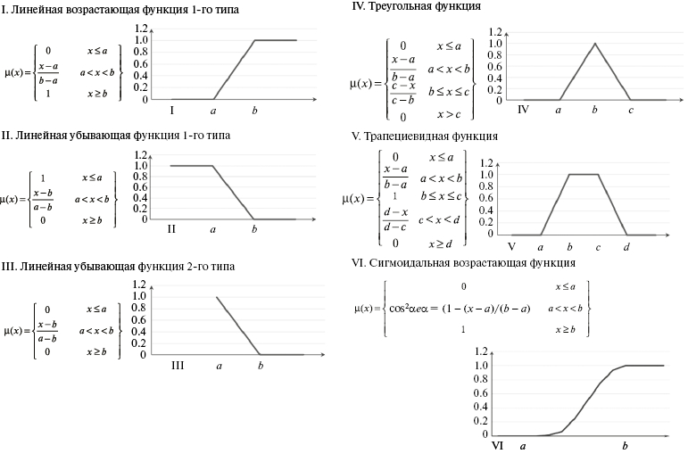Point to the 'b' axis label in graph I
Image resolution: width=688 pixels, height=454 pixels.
255,111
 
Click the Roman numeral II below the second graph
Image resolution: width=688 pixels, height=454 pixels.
171,228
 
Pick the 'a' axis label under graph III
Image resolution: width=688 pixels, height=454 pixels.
219,365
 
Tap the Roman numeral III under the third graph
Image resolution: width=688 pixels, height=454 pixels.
177,365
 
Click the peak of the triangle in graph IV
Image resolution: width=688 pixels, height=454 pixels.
594,43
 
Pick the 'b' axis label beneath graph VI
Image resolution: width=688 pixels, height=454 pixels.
626,445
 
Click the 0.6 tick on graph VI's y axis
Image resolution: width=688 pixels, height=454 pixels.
482,394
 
